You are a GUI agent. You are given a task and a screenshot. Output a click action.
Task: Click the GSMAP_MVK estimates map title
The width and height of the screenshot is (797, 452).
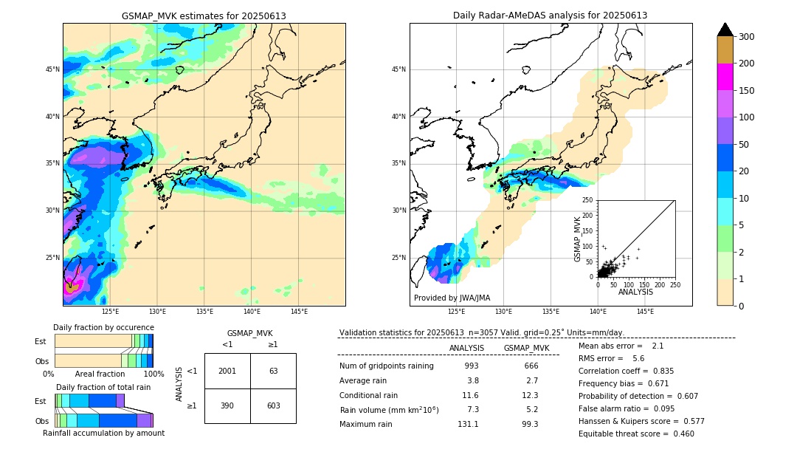(204, 16)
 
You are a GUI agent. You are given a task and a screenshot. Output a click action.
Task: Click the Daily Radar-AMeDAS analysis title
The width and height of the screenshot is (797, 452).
(550, 16)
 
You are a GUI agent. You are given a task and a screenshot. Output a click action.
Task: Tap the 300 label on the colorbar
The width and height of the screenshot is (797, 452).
(747, 37)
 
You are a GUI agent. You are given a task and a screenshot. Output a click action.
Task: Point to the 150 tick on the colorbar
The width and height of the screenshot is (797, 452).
(747, 91)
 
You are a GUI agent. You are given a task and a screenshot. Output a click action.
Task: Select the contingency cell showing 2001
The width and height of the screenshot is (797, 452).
(227, 371)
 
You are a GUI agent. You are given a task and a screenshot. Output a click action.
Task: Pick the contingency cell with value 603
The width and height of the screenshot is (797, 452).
(273, 405)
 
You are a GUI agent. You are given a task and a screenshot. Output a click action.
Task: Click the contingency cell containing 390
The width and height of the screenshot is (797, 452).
(227, 405)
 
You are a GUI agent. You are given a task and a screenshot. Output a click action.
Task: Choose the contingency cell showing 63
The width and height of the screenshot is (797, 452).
(273, 371)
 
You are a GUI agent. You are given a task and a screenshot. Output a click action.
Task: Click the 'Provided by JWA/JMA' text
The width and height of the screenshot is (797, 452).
(452, 298)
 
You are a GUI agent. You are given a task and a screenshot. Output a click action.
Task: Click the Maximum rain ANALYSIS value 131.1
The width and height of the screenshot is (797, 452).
(467, 424)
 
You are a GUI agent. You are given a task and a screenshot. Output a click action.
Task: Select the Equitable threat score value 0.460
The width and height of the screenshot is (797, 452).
(679, 434)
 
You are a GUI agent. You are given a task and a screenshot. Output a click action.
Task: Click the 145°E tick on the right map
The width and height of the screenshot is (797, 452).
(646, 312)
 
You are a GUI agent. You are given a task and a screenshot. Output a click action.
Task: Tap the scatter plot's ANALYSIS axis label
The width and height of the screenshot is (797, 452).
(635, 292)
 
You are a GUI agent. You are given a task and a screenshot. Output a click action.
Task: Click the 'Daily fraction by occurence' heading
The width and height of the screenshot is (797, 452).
(103, 327)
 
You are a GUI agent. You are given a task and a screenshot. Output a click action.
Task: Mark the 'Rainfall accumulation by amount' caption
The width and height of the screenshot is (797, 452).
(103, 433)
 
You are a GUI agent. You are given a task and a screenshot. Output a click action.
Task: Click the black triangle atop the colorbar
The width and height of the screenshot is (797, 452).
(725, 30)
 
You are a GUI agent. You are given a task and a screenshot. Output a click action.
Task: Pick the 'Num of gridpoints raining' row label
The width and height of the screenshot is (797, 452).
(387, 366)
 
